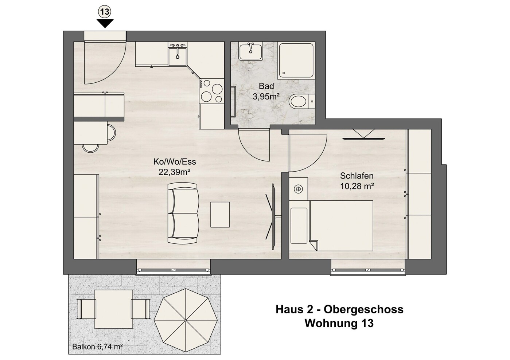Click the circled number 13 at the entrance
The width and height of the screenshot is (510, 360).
(x=105, y=12)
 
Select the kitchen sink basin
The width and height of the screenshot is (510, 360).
(x=178, y=57)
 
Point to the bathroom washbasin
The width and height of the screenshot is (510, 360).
(x=251, y=52)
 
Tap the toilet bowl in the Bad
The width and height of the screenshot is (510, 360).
(x=298, y=102)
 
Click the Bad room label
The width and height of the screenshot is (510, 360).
(x=266, y=86)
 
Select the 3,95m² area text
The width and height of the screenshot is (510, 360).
(x=266, y=97)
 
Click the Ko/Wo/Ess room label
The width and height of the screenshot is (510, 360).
(x=175, y=162)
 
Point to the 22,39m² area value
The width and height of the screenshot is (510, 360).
(x=174, y=172)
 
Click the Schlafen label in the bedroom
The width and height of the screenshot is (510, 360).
(x=357, y=176)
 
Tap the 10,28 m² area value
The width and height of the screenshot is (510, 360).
(x=357, y=186)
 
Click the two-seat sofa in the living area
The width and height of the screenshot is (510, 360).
(x=183, y=214)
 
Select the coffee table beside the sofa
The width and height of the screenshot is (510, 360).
(x=220, y=214)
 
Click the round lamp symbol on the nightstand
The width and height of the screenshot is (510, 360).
(x=298, y=189)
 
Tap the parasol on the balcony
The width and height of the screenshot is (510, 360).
(x=186, y=320)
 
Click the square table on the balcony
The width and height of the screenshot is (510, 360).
(x=114, y=309)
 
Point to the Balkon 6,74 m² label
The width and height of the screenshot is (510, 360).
(x=97, y=347)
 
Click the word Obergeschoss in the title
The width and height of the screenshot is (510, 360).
(x=363, y=310)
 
